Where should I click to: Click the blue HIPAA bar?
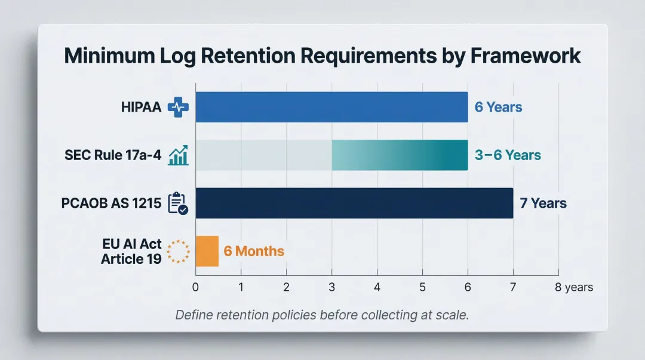click(x=331, y=107)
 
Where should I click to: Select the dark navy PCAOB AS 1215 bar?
click(x=354, y=203)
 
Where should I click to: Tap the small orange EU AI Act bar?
click(x=207, y=251)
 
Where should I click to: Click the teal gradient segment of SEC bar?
click(x=400, y=155)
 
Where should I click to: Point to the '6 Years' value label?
click(x=498, y=107)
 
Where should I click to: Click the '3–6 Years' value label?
click(x=508, y=155)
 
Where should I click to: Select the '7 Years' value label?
click(x=543, y=203)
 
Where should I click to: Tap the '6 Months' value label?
click(x=254, y=251)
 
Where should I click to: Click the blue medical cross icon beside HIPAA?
click(x=178, y=107)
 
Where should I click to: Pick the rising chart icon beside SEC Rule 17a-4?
click(x=179, y=156)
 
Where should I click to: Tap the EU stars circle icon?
click(x=177, y=251)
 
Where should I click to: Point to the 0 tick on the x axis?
click(x=195, y=287)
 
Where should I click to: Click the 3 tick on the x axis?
click(x=331, y=287)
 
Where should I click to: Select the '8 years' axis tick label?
click(x=573, y=287)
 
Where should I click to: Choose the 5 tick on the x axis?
click(x=422, y=287)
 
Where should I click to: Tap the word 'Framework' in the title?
click(x=526, y=55)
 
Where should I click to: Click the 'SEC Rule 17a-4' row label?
click(x=113, y=155)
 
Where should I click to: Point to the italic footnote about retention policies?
click(x=322, y=315)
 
